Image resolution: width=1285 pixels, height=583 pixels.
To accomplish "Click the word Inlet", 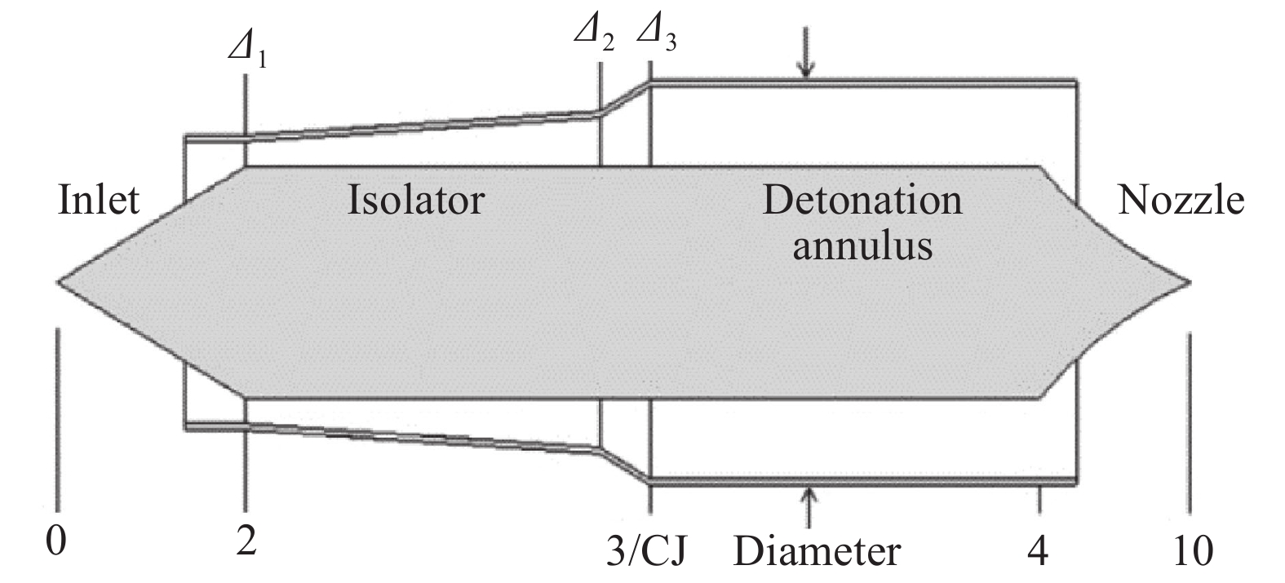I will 99,201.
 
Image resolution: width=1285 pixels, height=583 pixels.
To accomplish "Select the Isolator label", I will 416,201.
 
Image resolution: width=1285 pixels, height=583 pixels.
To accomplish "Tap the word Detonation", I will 862,201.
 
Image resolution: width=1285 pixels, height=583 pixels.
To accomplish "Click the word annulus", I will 862,245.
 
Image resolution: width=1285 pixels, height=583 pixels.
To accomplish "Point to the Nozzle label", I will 1181,201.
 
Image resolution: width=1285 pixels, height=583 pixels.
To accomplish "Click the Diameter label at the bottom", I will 817,551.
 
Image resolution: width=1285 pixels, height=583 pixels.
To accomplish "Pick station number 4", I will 1037,551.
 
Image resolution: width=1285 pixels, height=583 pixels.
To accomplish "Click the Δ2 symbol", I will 594,33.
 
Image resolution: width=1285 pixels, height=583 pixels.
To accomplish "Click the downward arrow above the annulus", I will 806,53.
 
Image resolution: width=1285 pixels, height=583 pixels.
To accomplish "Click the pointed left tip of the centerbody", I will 59,282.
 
